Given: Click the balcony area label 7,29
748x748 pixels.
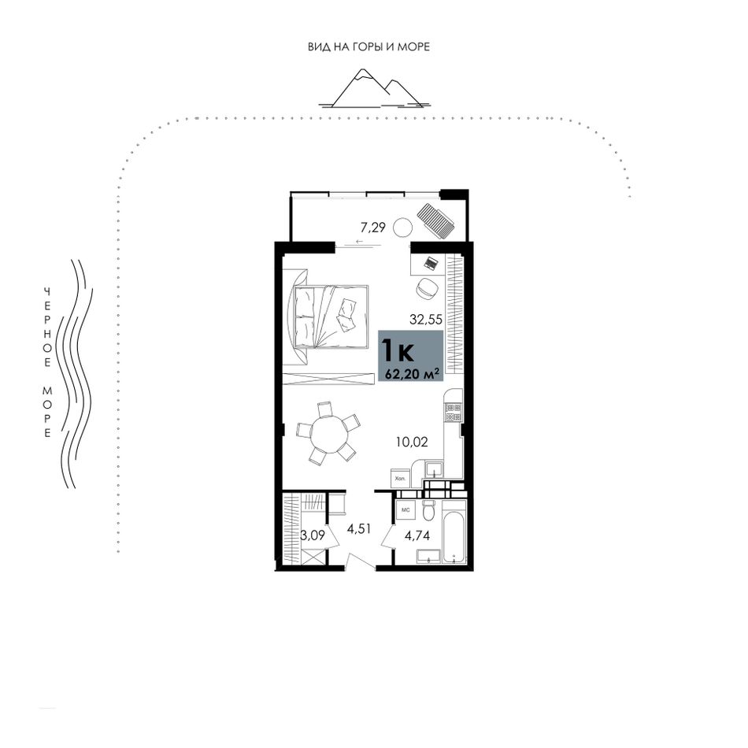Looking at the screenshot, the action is pos(372,228).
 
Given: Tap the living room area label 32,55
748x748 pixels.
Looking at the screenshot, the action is pos(426,320).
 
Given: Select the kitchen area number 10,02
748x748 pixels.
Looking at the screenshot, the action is pos(412,442).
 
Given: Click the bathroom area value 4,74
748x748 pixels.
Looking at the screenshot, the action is pos(417,535).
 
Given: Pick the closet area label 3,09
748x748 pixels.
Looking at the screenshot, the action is pos(313,535).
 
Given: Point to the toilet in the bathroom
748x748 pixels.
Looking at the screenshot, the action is pos(428,510).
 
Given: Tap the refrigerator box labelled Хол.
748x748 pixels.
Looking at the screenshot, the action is pos(400,478).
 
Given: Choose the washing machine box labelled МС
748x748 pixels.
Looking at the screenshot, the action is pos(406,510).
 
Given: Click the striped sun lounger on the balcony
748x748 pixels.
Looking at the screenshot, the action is pos(435,219).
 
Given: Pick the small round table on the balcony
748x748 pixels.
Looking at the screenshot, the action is pos(402,228).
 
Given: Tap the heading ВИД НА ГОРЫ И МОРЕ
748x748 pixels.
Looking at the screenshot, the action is pos(368,46).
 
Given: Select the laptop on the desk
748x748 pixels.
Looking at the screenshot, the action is pos(431,263).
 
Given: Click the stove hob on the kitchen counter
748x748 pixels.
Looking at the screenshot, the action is pos(453,412).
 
